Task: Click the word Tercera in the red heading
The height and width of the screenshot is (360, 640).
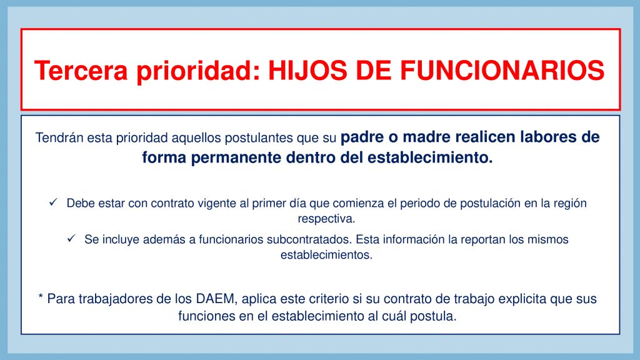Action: tap(81, 70)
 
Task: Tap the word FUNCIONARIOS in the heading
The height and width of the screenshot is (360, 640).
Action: tap(502, 70)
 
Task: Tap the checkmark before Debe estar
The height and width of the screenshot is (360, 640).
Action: tap(54, 202)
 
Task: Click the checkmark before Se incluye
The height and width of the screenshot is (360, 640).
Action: tap(71, 238)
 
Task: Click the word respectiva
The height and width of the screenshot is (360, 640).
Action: tap(326, 219)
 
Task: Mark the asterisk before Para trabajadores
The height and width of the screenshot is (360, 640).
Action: tap(41, 296)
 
